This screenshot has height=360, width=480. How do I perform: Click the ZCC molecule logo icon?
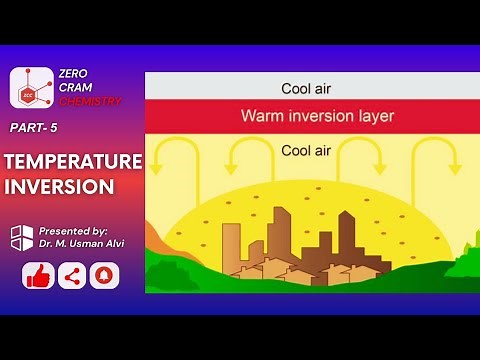coord(31,88)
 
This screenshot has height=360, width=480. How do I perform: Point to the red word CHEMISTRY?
coord(91,101)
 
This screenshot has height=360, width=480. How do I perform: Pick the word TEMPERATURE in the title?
coord(72,162)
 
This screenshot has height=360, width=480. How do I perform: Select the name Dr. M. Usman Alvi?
coord(83,243)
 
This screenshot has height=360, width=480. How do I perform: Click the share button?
coord(71,275)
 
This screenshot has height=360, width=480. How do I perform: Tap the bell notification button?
coord(104,275)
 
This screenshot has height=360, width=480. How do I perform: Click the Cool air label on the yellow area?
coord(309,152)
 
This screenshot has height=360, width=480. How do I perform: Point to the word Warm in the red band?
coord(262,116)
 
